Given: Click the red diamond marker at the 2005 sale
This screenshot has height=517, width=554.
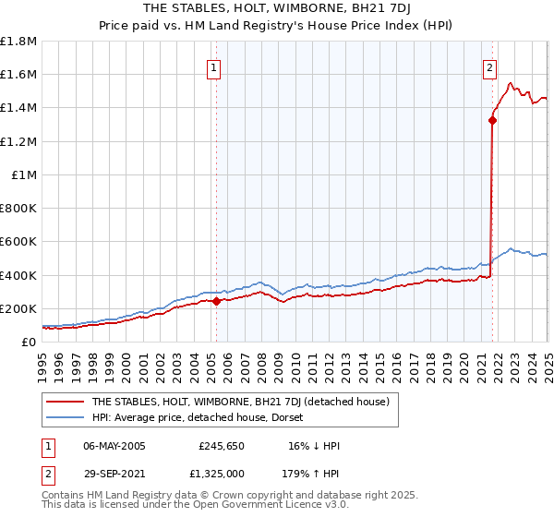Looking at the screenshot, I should pyautogui.click(x=216, y=300).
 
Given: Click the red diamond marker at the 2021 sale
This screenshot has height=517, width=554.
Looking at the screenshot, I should pyautogui.click(x=492, y=119).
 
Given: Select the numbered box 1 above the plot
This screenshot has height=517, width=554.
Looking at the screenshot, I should pyautogui.click(x=213, y=66).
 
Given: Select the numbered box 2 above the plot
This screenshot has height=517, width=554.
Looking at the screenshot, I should pyautogui.click(x=488, y=66).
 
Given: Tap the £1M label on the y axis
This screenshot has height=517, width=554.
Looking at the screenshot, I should pyautogui.click(x=25, y=174).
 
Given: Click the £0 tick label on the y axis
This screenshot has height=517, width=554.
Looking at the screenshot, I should pyautogui.click(x=29, y=342).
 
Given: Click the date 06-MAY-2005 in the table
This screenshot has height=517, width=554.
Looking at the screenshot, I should pyautogui.click(x=114, y=446).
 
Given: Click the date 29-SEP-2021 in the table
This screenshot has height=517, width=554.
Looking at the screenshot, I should pyautogui.click(x=114, y=475).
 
